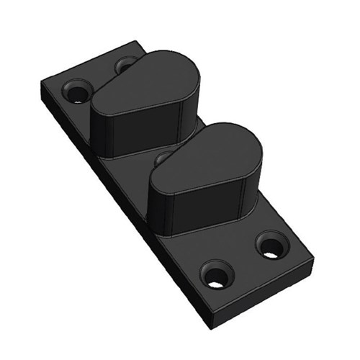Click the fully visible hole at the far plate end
76,91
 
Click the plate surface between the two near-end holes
243,261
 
